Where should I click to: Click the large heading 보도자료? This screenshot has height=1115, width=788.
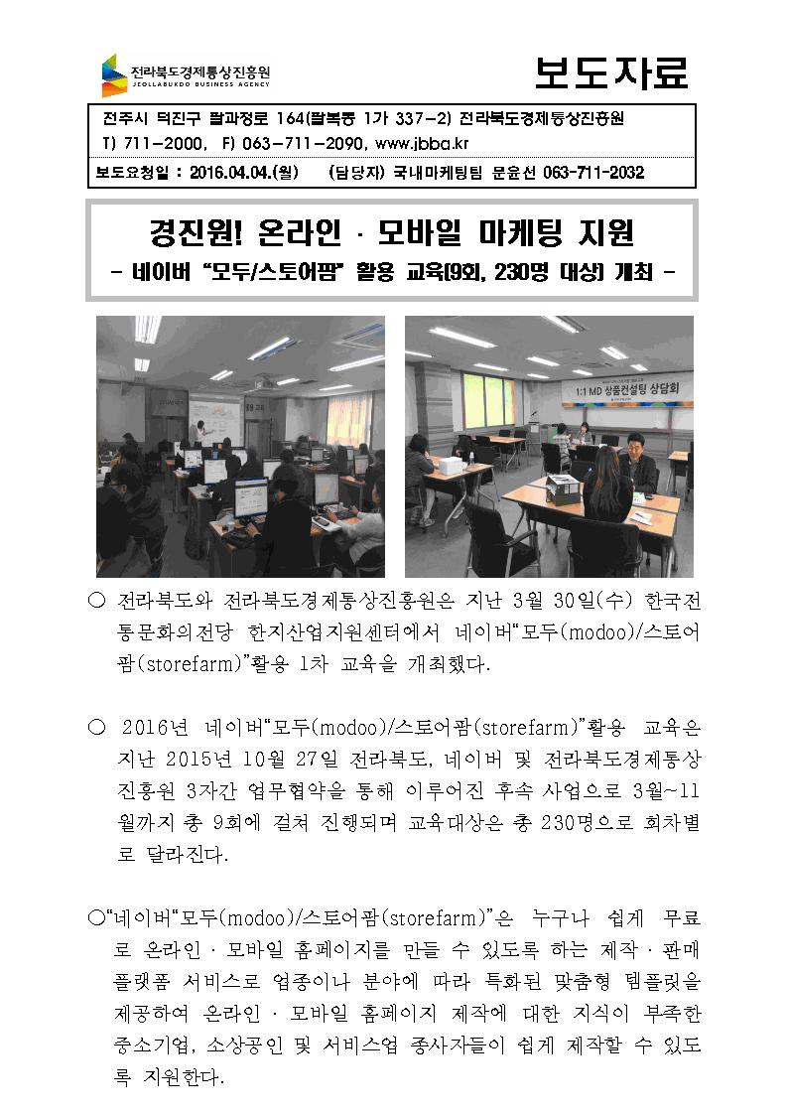(610, 72)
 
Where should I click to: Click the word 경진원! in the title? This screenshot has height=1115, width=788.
(193, 235)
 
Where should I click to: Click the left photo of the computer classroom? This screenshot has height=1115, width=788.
(240, 446)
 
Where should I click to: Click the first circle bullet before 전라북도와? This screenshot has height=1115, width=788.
(96, 604)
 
